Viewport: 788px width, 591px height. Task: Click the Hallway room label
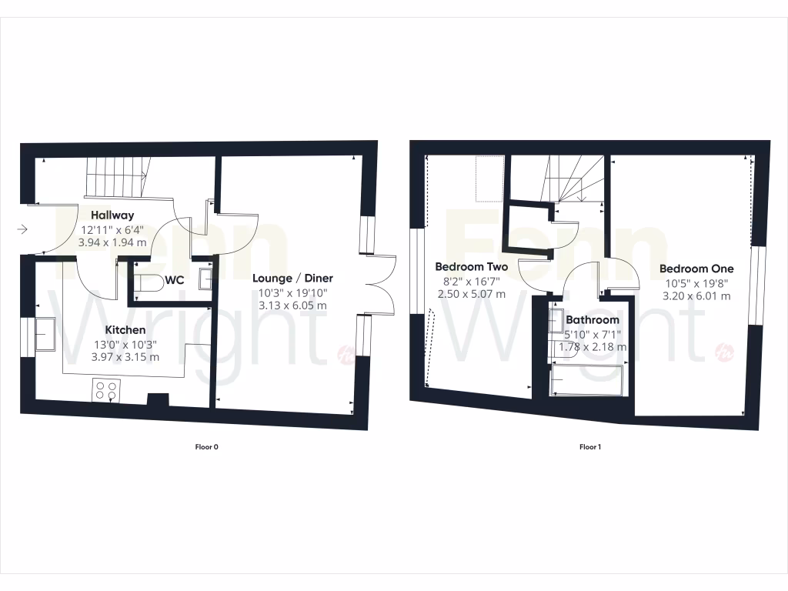click(112, 215)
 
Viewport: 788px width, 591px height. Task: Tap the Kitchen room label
click(125, 330)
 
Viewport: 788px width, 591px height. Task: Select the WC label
click(174, 280)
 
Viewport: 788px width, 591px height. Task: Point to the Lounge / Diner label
click(293, 279)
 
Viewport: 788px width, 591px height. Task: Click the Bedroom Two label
click(472, 267)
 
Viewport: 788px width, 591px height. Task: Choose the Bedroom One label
click(696, 269)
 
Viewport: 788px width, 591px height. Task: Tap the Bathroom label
click(593, 320)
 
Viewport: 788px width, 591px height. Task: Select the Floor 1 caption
click(589, 447)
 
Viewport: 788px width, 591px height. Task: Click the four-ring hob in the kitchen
click(106, 391)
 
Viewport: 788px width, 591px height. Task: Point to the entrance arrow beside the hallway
click(22, 229)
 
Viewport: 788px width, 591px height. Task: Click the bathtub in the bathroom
click(588, 380)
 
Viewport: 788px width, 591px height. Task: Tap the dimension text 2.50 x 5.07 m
click(472, 294)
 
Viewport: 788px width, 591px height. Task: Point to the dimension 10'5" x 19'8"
click(696, 282)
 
